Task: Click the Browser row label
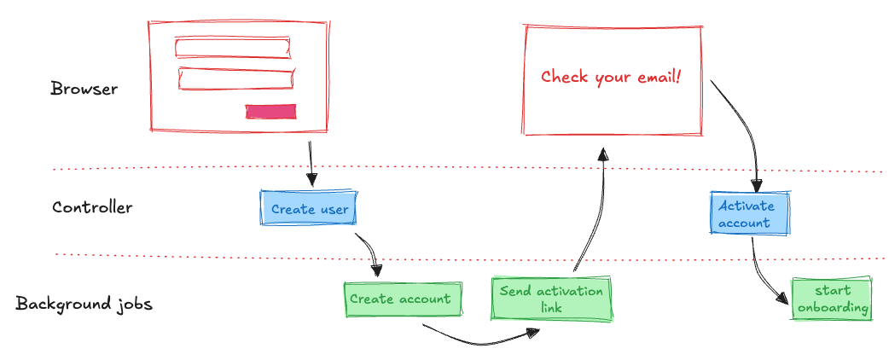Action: coord(84,89)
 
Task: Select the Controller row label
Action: coord(92,207)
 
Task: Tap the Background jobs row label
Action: coord(84,304)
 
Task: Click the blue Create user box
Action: coord(308,209)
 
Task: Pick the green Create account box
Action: coord(400,299)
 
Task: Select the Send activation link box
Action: coord(551,299)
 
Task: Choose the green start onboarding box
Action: coord(832,299)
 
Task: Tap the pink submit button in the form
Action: coord(270,111)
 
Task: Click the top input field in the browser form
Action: coord(232,46)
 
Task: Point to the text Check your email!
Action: coord(611,77)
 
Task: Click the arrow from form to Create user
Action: coord(311,163)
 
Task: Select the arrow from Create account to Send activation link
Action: coord(478,339)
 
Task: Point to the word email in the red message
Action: coord(657,77)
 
